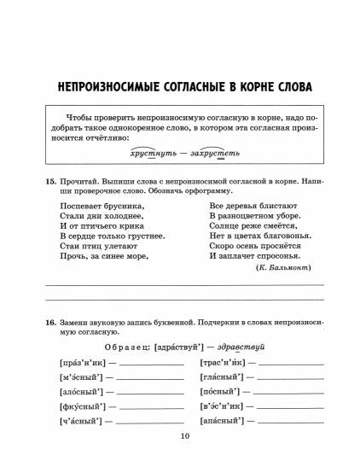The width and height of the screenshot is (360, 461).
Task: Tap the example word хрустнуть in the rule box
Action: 150,155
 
